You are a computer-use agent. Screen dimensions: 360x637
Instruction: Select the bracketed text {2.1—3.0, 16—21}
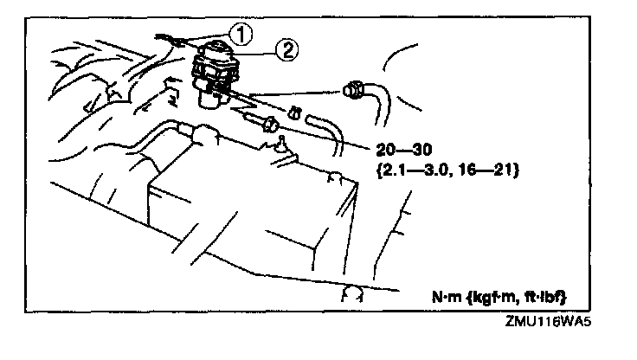[447, 170]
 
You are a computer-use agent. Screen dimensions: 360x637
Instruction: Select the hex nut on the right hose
[354, 87]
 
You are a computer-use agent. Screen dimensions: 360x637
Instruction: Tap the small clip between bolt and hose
[293, 112]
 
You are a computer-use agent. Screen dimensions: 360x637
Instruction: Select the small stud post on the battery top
[279, 148]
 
